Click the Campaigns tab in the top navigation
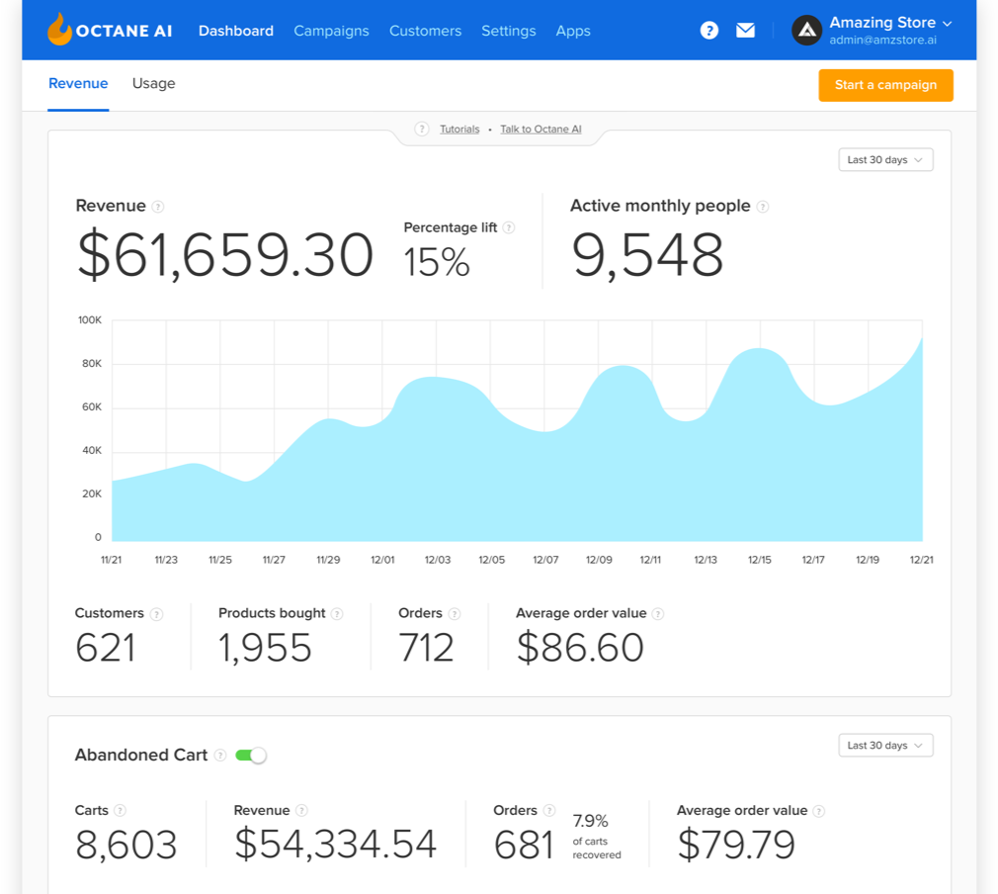coord(331,31)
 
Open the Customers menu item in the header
coord(425,31)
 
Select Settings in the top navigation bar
coord(508,31)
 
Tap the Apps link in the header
coord(573,31)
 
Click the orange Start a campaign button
coord(885,85)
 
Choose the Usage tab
coord(153,84)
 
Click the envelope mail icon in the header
coord(746,31)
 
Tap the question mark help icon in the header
coord(709,31)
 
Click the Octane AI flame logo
coord(60,30)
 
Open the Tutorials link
coord(459,130)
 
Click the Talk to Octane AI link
coord(541,130)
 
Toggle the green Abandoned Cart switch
coord(251,756)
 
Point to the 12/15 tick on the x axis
coord(759,560)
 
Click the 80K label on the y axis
coord(91,364)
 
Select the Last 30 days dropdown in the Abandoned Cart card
coord(885,746)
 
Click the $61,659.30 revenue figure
coord(225,255)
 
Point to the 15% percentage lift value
coord(437,261)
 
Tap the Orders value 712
coord(426,648)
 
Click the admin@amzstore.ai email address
coord(882,41)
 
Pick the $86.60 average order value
coord(580,648)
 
